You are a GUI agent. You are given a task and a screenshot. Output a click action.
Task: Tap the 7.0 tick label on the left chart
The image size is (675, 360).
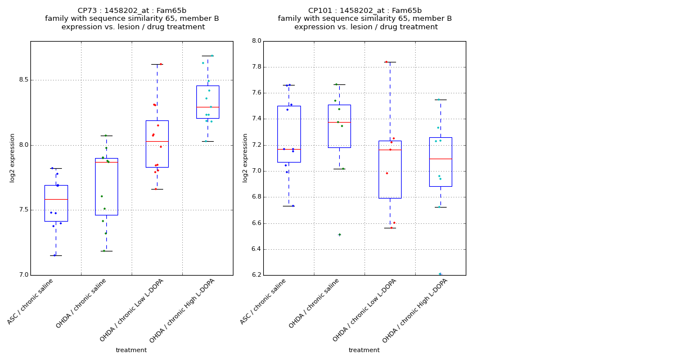(23, 275)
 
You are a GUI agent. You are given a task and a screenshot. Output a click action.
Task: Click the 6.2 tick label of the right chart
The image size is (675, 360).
(256, 275)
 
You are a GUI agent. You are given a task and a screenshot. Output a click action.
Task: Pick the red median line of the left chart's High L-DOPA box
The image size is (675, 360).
(208, 107)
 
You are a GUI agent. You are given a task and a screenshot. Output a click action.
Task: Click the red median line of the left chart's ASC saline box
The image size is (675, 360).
(56, 199)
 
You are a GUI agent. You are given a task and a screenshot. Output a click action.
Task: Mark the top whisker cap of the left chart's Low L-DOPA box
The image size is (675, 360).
(157, 64)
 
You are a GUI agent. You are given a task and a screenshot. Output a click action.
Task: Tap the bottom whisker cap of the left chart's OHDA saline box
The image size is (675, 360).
(106, 251)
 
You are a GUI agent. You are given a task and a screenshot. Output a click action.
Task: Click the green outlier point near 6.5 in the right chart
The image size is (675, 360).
(339, 235)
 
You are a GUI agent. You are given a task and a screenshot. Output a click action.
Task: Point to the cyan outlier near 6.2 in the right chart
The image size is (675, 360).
(440, 274)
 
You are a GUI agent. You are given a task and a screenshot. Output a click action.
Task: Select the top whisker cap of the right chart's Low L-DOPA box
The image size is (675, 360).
(390, 62)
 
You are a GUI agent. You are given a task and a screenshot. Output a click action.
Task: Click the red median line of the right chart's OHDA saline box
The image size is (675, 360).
(339, 122)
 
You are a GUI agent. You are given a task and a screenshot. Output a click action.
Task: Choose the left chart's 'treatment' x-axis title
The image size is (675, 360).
(131, 350)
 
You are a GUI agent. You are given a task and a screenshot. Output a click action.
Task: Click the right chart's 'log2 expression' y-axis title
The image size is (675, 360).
(245, 157)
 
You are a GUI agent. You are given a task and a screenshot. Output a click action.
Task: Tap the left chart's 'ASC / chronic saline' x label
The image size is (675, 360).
(30, 302)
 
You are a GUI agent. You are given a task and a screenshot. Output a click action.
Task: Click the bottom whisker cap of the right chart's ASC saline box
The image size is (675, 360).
(289, 206)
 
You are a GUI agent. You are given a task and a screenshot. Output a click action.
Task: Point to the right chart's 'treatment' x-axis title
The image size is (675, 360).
(364, 350)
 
